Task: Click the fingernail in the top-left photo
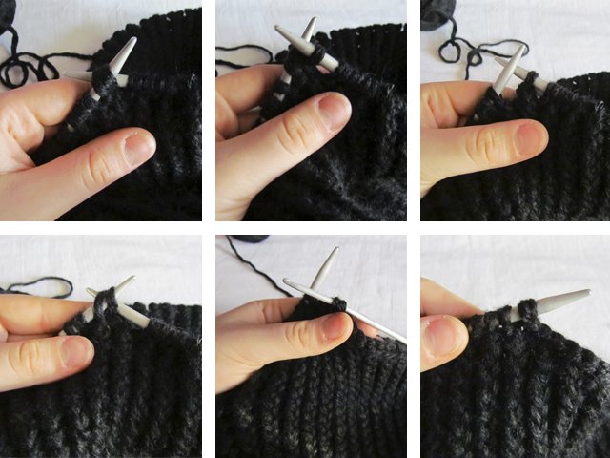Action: point(139,147)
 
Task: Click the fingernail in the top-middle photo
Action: point(334,111)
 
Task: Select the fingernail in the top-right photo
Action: point(531,139)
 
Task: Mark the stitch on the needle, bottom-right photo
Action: point(523,310)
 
